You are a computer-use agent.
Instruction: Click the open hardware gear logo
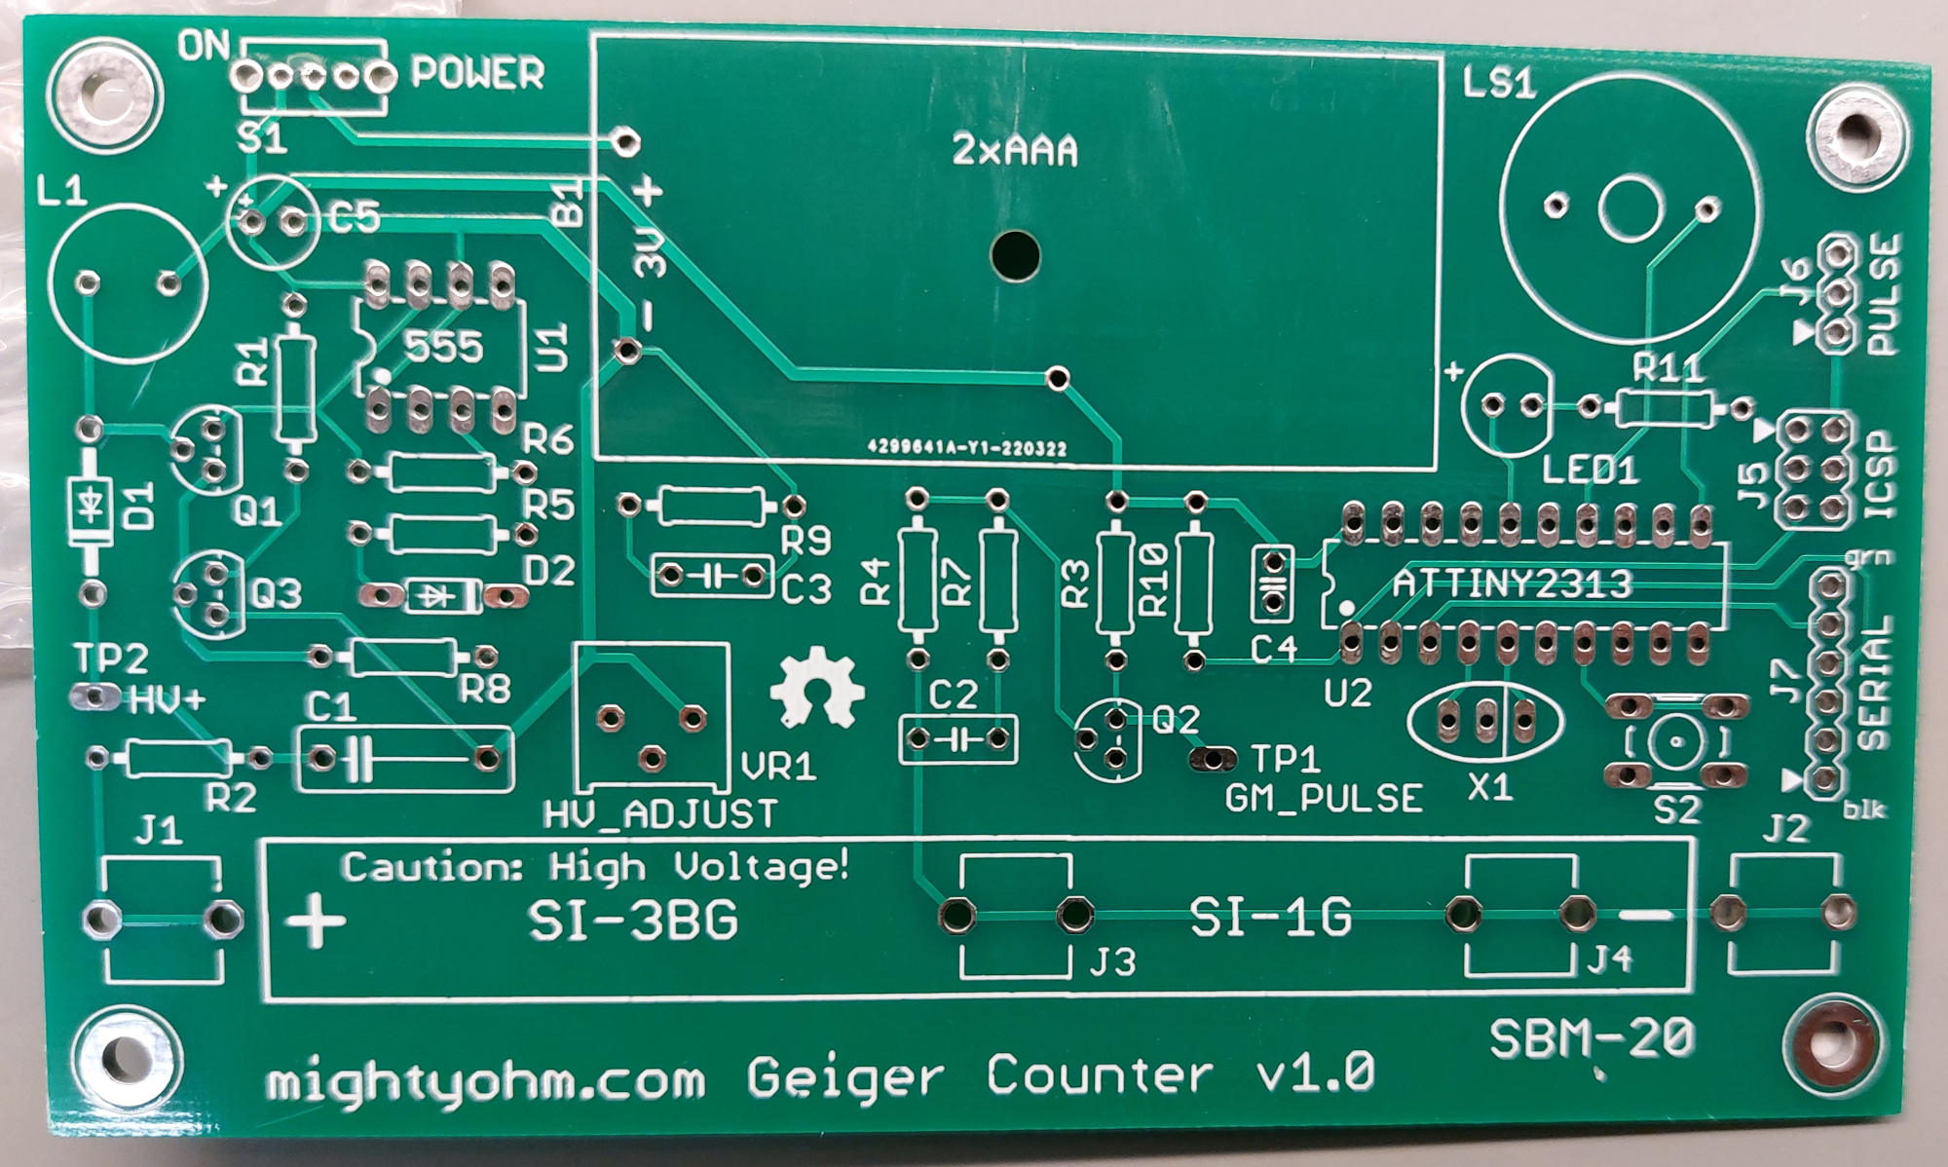[816, 688]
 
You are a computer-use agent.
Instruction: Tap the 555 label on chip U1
[443, 346]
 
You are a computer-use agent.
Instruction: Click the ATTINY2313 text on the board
[1512, 583]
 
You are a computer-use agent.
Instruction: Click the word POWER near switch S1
[477, 74]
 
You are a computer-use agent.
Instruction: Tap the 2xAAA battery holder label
[1015, 151]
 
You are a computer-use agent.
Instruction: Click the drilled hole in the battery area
[1015, 255]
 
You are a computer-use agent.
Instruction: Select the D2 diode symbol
[444, 595]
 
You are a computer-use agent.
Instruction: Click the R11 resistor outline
[1664, 408]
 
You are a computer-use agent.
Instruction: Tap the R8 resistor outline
[402, 658]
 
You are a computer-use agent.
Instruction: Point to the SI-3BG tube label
[633, 921]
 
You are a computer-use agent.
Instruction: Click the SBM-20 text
[1592, 1038]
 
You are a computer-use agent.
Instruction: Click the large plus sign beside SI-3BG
[315, 921]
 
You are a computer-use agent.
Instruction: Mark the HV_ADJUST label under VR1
[661, 813]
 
